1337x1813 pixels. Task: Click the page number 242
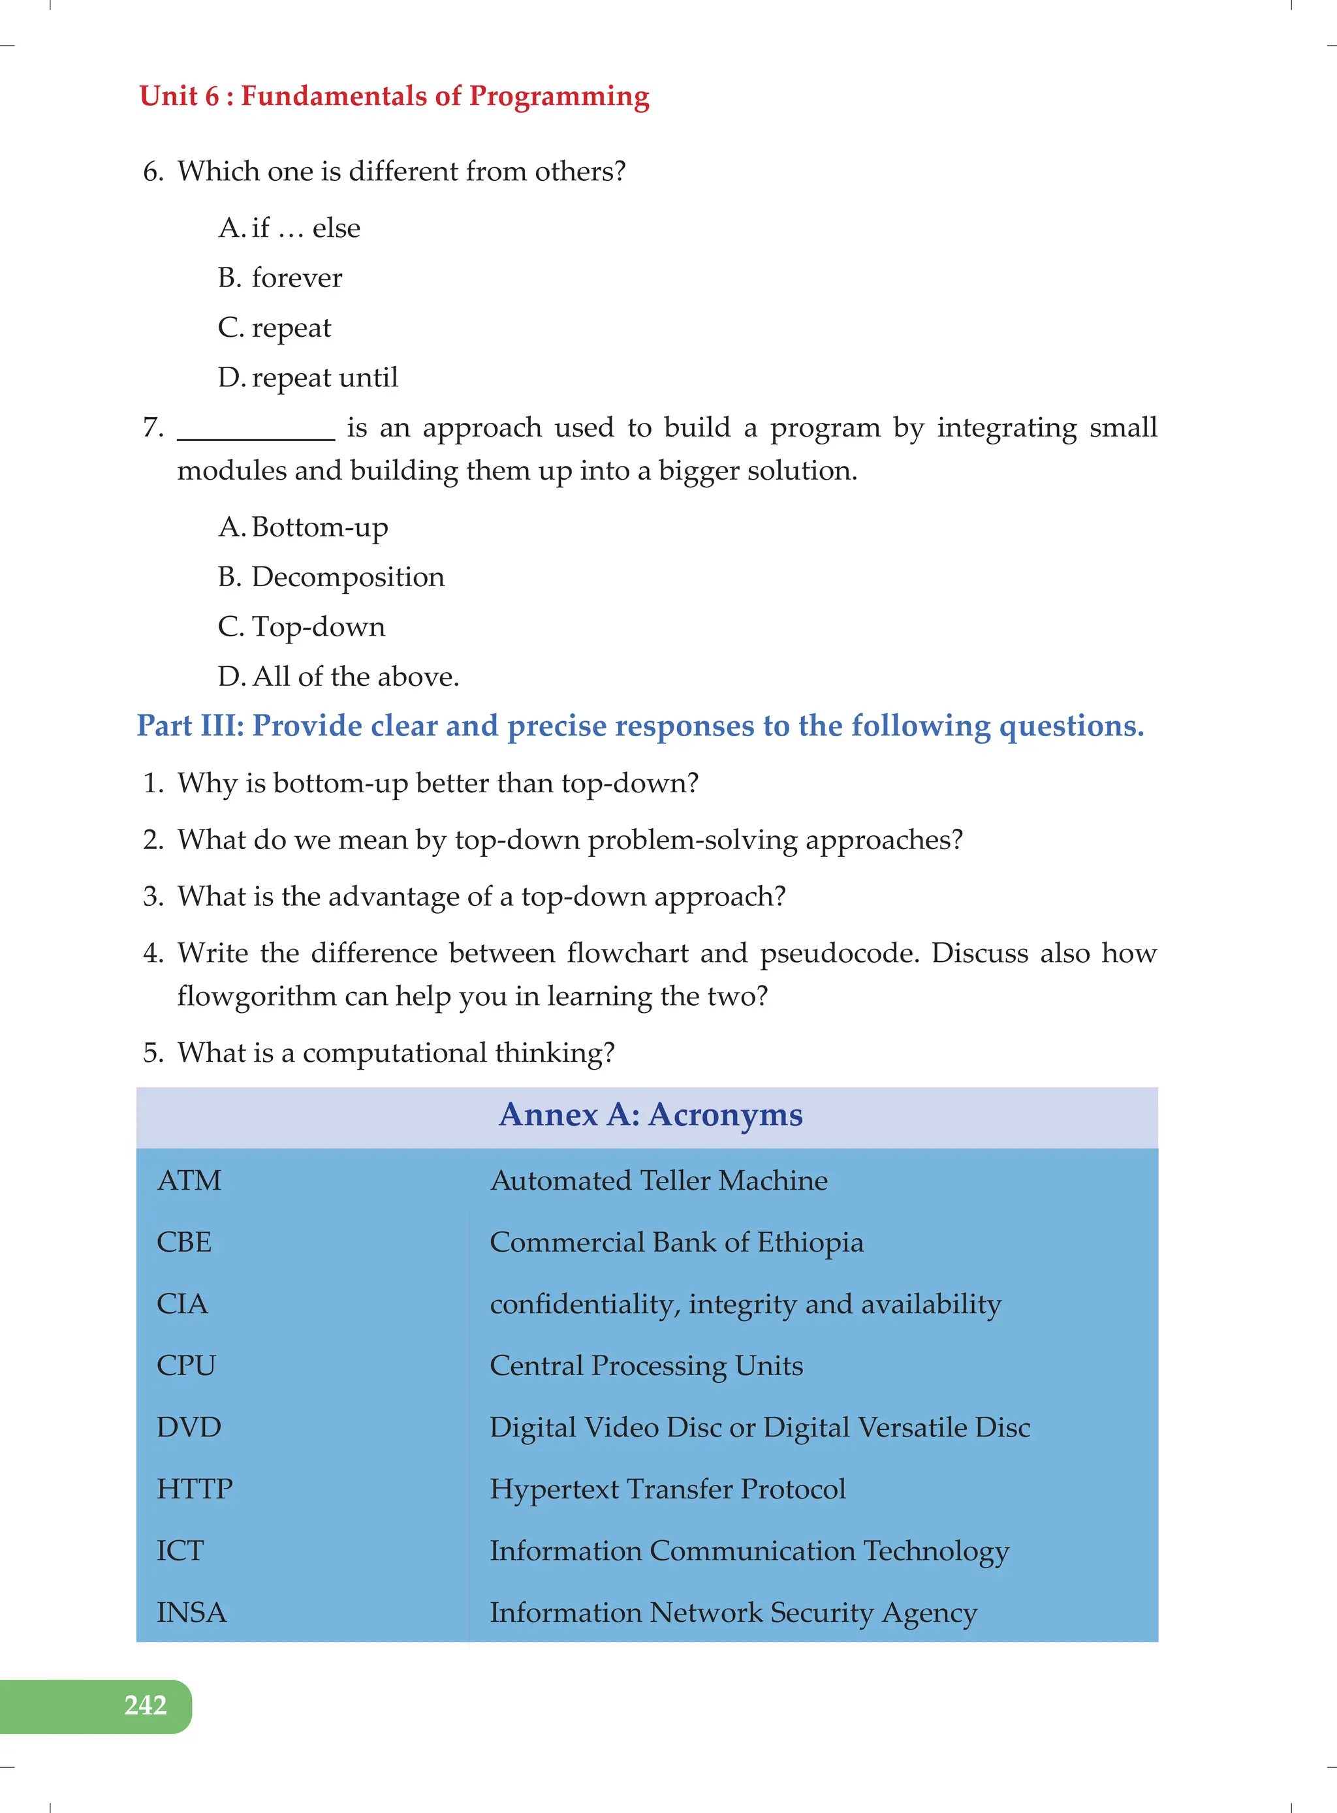pos(145,1705)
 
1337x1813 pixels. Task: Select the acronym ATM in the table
pos(189,1181)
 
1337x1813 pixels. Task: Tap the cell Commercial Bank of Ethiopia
pos(676,1243)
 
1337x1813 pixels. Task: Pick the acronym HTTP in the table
pos(195,1489)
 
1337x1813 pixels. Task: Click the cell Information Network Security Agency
pos(732,1613)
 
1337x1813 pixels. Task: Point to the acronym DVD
pos(189,1427)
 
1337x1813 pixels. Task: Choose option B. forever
pos(280,278)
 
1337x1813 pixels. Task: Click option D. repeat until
pos(307,378)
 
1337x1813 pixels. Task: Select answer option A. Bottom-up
pos(304,527)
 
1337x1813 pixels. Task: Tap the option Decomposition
pos(347,578)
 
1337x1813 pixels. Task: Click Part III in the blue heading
pos(189,726)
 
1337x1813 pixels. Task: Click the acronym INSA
pos(191,1613)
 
